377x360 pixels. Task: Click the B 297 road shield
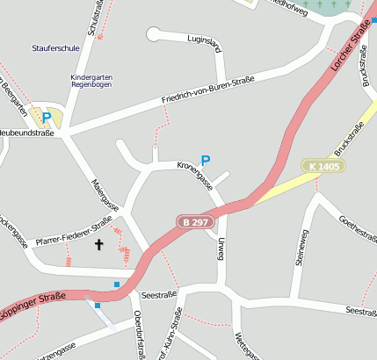[x=195, y=222]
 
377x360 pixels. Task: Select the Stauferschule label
[x=55, y=49]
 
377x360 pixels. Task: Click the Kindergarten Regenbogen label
[x=92, y=82]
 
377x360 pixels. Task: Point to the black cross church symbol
[x=98, y=245]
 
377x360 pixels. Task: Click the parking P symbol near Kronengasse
[x=206, y=161]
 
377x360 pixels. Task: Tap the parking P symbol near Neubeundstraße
[x=47, y=116]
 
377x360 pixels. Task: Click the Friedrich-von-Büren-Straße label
[x=207, y=92]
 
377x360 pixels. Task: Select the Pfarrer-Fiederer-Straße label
[x=74, y=231]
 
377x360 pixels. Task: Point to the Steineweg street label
[x=302, y=247]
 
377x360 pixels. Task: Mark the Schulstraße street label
[x=95, y=18]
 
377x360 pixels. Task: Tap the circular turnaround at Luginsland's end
[x=155, y=34]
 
